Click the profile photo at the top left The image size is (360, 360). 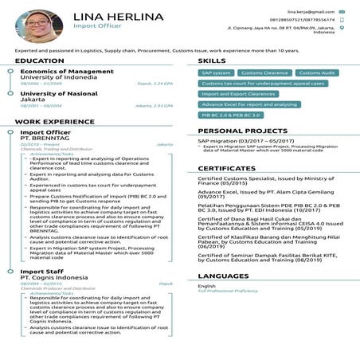pos(36,25)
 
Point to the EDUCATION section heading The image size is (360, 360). pos(39,61)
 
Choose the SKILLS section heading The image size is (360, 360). pos(212,61)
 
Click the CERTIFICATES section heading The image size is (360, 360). pos(226,169)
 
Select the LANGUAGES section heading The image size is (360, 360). pos(223,276)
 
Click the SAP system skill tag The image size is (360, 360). pos(216,72)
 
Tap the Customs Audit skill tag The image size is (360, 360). pos(315,72)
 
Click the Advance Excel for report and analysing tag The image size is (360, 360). pos(249,104)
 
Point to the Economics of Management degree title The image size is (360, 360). pos(67,72)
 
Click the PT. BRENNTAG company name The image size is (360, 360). pos(43,138)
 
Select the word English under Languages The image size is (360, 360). pos(207,286)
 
